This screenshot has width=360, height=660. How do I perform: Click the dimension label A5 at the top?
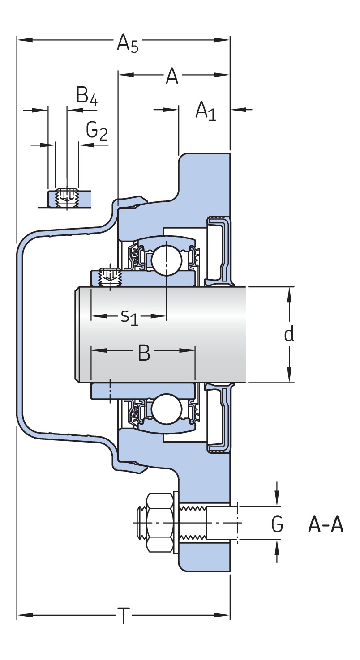click(x=127, y=44)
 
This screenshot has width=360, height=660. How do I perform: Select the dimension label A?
click(x=172, y=77)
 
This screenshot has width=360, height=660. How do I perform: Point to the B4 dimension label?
click(x=86, y=96)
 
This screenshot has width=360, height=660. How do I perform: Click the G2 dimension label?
click(x=97, y=131)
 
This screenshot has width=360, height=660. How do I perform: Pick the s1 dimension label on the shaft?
click(x=129, y=317)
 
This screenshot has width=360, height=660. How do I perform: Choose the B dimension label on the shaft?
click(x=144, y=353)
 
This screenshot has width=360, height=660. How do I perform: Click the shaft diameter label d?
click(x=289, y=334)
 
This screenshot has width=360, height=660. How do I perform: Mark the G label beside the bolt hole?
click(x=277, y=524)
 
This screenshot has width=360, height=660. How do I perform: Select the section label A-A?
click(x=326, y=524)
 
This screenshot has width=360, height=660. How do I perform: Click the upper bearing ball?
click(x=166, y=259)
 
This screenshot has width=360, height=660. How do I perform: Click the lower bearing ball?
click(x=166, y=409)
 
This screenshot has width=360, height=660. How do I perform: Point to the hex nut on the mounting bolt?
click(x=159, y=523)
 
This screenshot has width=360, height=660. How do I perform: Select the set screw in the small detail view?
click(x=67, y=197)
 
